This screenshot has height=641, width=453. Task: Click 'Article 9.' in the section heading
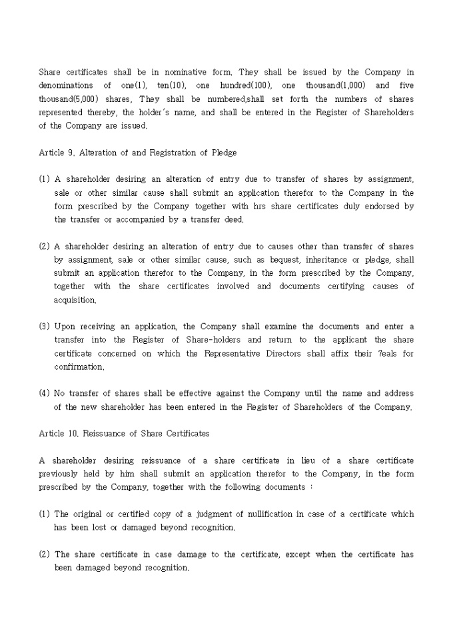point(57,153)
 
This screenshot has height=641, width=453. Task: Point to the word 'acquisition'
point(75,300)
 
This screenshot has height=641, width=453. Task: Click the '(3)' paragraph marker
point(44,326)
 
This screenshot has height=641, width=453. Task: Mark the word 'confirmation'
point(79,366)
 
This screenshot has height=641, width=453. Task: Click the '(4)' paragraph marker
point(44,393)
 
